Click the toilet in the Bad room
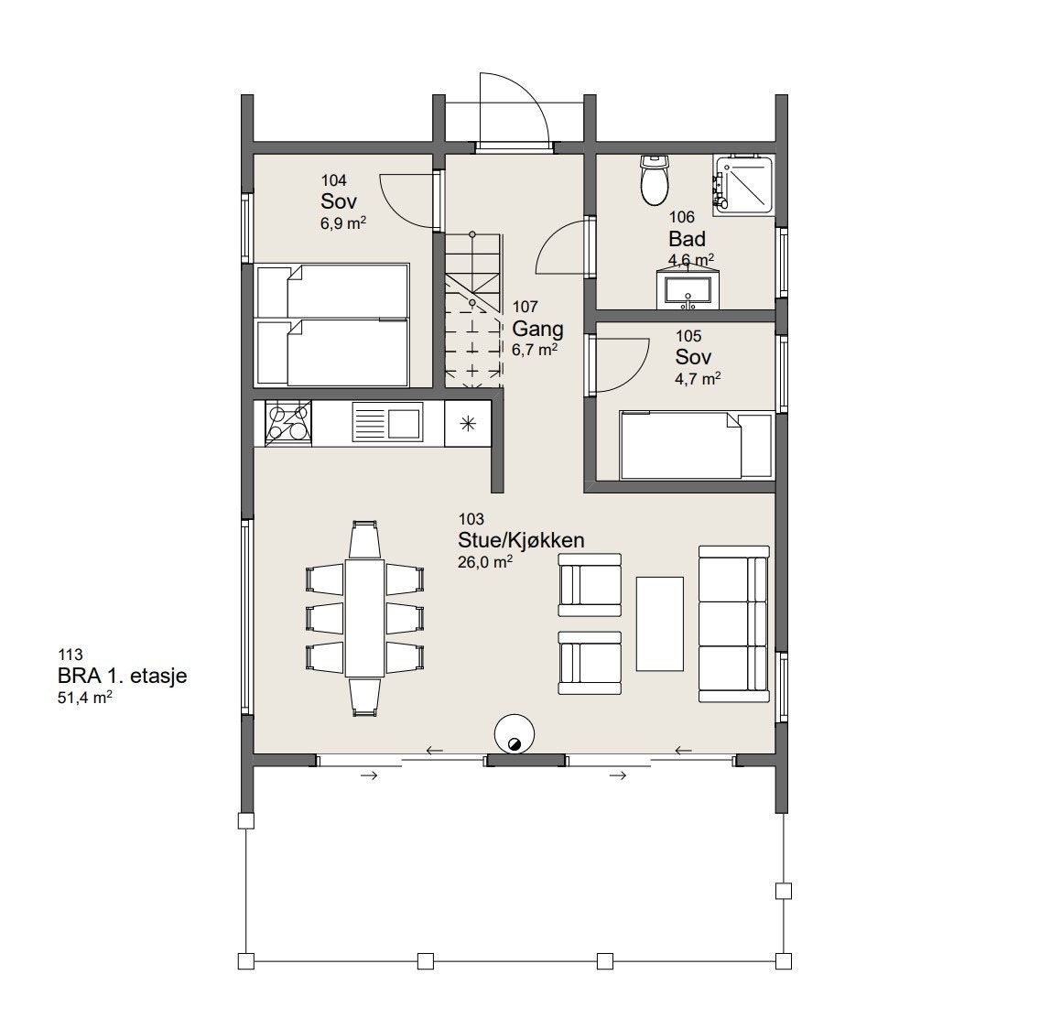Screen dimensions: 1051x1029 [655, 180]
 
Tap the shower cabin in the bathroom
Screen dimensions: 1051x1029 [743, 185]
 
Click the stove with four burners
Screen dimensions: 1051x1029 [288, 423]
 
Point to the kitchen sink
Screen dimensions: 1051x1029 [386, 423]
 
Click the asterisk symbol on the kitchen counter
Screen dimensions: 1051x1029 [468, 423]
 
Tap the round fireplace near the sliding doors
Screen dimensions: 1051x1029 [515, 735]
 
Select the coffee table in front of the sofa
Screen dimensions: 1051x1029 [660, 623]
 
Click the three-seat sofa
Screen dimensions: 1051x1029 [733, 624]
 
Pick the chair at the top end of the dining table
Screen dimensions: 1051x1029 [364, 539]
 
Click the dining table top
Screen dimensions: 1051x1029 [364, 618]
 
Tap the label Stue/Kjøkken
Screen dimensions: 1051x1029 [521, 539]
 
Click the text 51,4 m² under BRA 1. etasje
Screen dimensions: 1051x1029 [84, 698]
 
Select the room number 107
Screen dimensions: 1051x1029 [525, 307]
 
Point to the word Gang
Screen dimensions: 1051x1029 [537, 330]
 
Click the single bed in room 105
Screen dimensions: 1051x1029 [697, 446]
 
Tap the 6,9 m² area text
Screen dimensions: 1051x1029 [343, 223]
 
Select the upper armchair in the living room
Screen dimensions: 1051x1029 [590, 585]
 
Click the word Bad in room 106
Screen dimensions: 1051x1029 [687, 239]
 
